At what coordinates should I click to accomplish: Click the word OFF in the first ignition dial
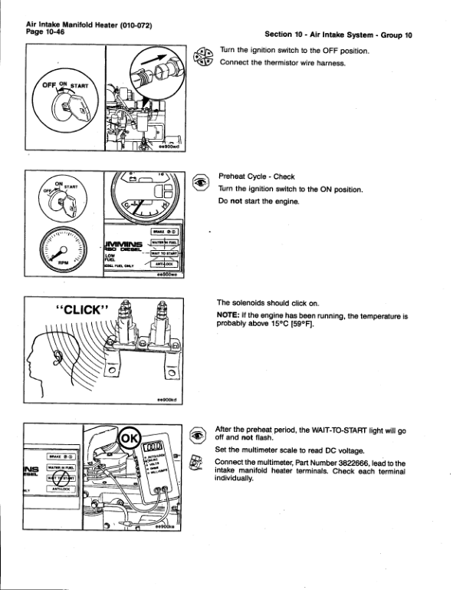[48, 85]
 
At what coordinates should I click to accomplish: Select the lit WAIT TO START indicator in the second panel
[164, 252]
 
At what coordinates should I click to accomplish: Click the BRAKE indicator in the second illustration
[164, 230]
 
